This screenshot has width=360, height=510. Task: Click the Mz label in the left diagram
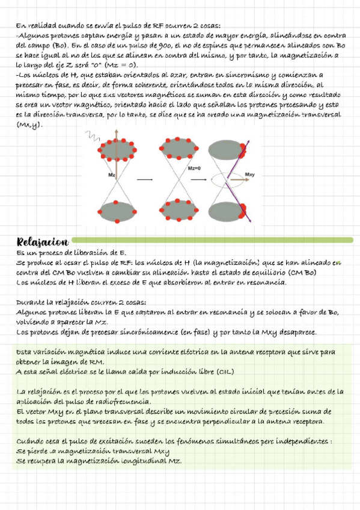112,175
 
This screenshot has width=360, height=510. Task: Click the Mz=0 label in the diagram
194,168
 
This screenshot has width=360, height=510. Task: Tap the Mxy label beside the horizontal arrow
250,175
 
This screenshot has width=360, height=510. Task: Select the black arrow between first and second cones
144,179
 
